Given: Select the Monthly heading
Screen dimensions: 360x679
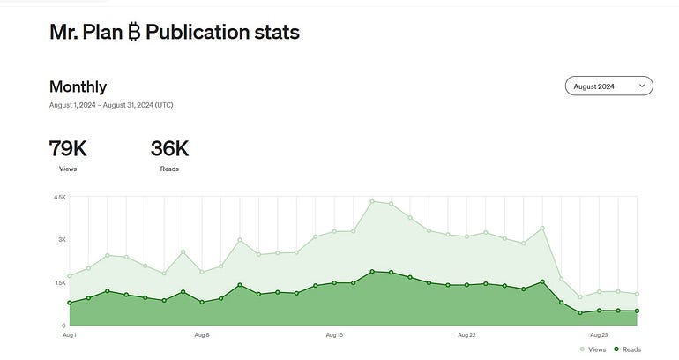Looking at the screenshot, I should (78, 86).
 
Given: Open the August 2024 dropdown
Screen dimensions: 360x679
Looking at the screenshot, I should (608, 86).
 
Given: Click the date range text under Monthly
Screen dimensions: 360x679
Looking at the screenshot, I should (111, 105).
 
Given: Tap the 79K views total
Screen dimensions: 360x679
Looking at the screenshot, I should (68, 148).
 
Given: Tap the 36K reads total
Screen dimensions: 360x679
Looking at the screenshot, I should (169, 148).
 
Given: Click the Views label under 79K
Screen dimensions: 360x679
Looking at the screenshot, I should (68, 168).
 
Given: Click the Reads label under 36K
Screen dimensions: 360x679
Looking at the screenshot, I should (169, 168).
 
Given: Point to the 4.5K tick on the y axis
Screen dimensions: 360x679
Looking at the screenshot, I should (60, 197).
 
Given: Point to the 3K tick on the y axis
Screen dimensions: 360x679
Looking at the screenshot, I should (62, 239).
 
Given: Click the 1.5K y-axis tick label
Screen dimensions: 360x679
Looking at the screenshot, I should (60, 282).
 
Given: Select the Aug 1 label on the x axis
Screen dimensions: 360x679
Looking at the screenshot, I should (70, 335).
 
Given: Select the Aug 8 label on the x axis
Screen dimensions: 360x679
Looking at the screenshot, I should (202, 335).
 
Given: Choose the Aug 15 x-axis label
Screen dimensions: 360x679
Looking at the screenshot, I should (334, 335).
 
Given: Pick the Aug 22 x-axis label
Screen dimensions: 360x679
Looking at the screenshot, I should (467, 335).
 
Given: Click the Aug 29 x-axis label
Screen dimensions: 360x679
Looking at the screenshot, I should (600, 335).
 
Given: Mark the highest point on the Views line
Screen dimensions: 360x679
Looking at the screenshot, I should (372, 201).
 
